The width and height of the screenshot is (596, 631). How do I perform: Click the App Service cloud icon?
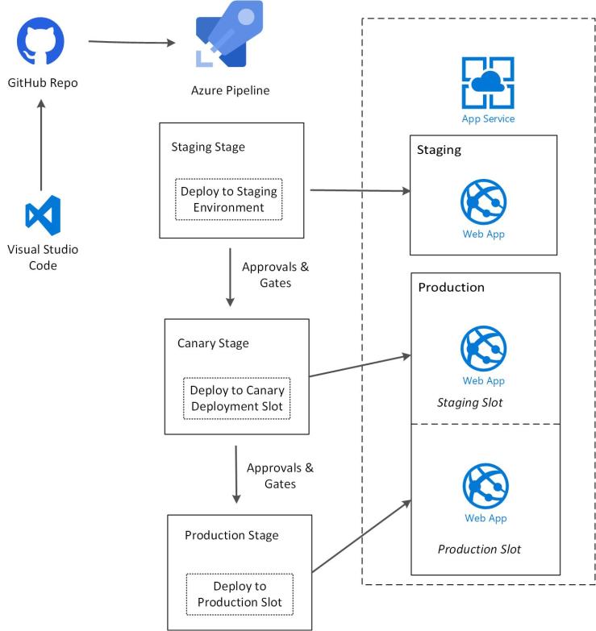tap(487, 82)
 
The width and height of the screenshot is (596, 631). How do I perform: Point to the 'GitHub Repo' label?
tap(43, 83)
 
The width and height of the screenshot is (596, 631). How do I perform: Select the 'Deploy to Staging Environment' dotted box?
tap(228, 199)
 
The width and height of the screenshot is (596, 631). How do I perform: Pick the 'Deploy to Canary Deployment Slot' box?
tap(236, 398)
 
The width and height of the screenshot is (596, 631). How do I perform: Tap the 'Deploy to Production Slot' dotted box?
tap(240, 594)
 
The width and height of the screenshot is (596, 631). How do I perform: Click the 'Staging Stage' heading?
tap(208, 147)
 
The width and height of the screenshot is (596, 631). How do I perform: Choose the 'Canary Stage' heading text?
tap(213, 343)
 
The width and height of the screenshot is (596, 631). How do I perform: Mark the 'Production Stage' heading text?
tap(231, 535)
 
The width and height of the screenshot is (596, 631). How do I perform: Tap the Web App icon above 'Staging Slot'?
tap(483, 348)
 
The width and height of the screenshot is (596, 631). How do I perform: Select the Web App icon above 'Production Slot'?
tap(485, 486)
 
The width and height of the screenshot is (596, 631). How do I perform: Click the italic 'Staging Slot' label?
tap(469, 402)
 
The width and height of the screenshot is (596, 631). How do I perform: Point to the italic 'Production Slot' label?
tap(479, 549)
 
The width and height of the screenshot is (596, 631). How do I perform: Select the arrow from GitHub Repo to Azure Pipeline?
tap(132, 42)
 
